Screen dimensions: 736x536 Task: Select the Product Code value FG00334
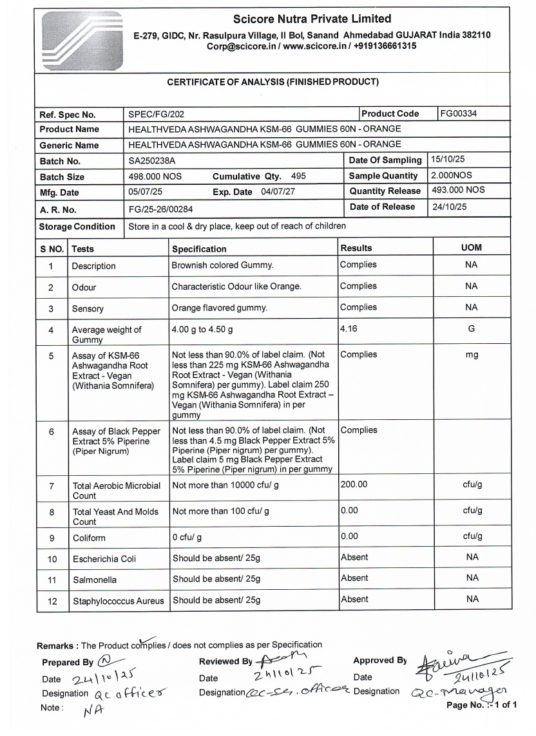click(x=459, y=114)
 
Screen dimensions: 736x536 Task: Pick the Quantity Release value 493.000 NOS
click(x=458, y=191)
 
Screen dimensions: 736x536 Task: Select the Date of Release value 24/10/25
click(x=449, y=207)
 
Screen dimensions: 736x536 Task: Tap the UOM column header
click(x=472, y=248)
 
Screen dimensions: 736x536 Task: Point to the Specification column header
click(x=199, y=249)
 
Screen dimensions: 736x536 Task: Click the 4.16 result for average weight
click(x=349, y=328)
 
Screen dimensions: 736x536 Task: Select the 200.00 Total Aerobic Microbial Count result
click(x=354, y=484)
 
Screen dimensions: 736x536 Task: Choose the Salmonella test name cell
click(x=94, y=580)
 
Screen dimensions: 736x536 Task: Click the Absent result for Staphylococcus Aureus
click(x=354, y=599)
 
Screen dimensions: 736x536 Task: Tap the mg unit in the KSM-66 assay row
click(x=472, y=355)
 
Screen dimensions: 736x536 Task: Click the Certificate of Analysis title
click(x=273, y=82)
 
